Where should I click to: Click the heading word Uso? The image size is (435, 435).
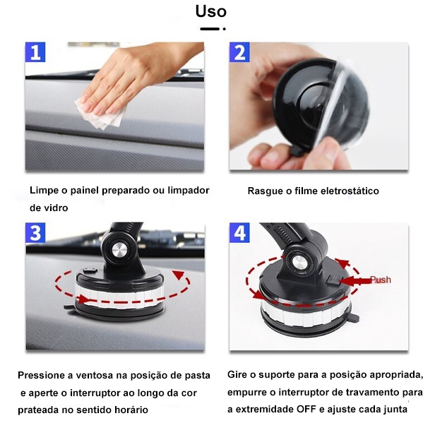[211, 11]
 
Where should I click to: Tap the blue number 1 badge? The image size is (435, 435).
[35, 52]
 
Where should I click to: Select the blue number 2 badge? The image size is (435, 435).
[239, 52]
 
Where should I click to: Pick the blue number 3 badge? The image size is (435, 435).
[35, 233]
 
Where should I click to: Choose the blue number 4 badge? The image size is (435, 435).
[239, 233]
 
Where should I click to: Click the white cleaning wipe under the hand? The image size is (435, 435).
[100, 115]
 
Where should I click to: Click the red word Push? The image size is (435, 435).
[381, 280]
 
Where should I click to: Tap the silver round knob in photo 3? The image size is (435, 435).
[120, 250]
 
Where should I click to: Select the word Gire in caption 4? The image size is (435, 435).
[237, 374]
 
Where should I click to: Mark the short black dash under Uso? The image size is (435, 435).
[210, 28]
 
